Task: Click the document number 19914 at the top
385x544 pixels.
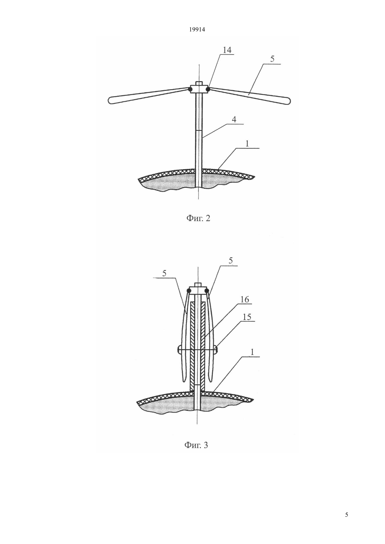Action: [197, 30]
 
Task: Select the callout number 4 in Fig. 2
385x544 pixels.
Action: [234, 120]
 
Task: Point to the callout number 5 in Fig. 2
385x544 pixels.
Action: [272, 59]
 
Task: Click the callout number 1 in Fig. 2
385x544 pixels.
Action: [247, 144]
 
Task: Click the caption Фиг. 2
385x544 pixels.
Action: [198, 218]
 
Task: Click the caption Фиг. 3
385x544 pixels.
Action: [196, 445]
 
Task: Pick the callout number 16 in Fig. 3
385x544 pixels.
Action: [245, 300]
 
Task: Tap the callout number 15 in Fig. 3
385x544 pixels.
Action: [246, 317]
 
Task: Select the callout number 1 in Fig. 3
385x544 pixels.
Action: [252, 352]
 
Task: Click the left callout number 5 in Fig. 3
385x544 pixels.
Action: [164, 273]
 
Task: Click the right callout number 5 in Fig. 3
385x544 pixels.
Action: [231, 261]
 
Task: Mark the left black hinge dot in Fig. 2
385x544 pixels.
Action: [190, 90]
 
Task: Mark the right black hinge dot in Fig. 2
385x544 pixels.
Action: [208, 90]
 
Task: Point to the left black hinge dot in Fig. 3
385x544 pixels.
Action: [189, 291]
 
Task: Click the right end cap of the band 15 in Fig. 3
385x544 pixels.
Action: [216, 350]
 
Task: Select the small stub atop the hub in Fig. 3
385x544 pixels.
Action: [198, 285]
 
